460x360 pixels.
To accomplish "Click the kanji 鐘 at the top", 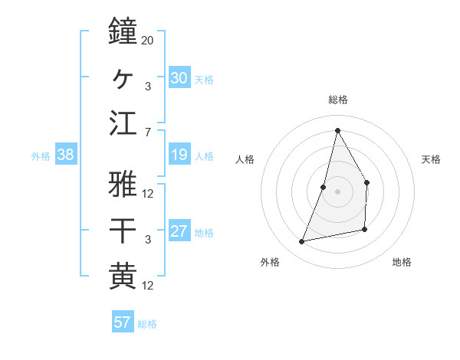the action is (x=123, y=32).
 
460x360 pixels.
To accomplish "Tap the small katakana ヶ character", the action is (x=123, y=77).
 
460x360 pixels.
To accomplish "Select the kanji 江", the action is (x=123, y=123).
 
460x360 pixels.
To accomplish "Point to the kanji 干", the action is (x=123, y=231).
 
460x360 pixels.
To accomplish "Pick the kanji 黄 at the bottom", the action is (x=123, y=276).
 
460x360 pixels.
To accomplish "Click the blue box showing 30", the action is (x=179, y=78).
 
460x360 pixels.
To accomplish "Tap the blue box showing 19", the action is (x=179, y=155).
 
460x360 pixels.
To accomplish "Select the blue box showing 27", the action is (x=179, y=232).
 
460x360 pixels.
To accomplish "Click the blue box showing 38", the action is (x=66, y=155).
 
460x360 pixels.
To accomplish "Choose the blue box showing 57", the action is (x=123, y=322).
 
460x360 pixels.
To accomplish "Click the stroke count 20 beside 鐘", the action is (x=148, y=40).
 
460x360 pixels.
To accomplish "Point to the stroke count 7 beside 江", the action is (x=147, y=133).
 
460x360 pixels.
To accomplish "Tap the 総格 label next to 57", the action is (x=147, y=324).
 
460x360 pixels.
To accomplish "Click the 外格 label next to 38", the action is (x=41, y=156).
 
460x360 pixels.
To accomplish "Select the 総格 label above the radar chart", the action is (x=337, y=100).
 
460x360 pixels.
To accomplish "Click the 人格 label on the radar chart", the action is (x=245, y=159).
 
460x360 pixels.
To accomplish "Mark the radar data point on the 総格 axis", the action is (x=337, y=129).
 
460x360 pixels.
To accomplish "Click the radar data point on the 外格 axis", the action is (x=302, y=242).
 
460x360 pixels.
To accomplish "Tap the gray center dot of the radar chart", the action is (x=337, y=191).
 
